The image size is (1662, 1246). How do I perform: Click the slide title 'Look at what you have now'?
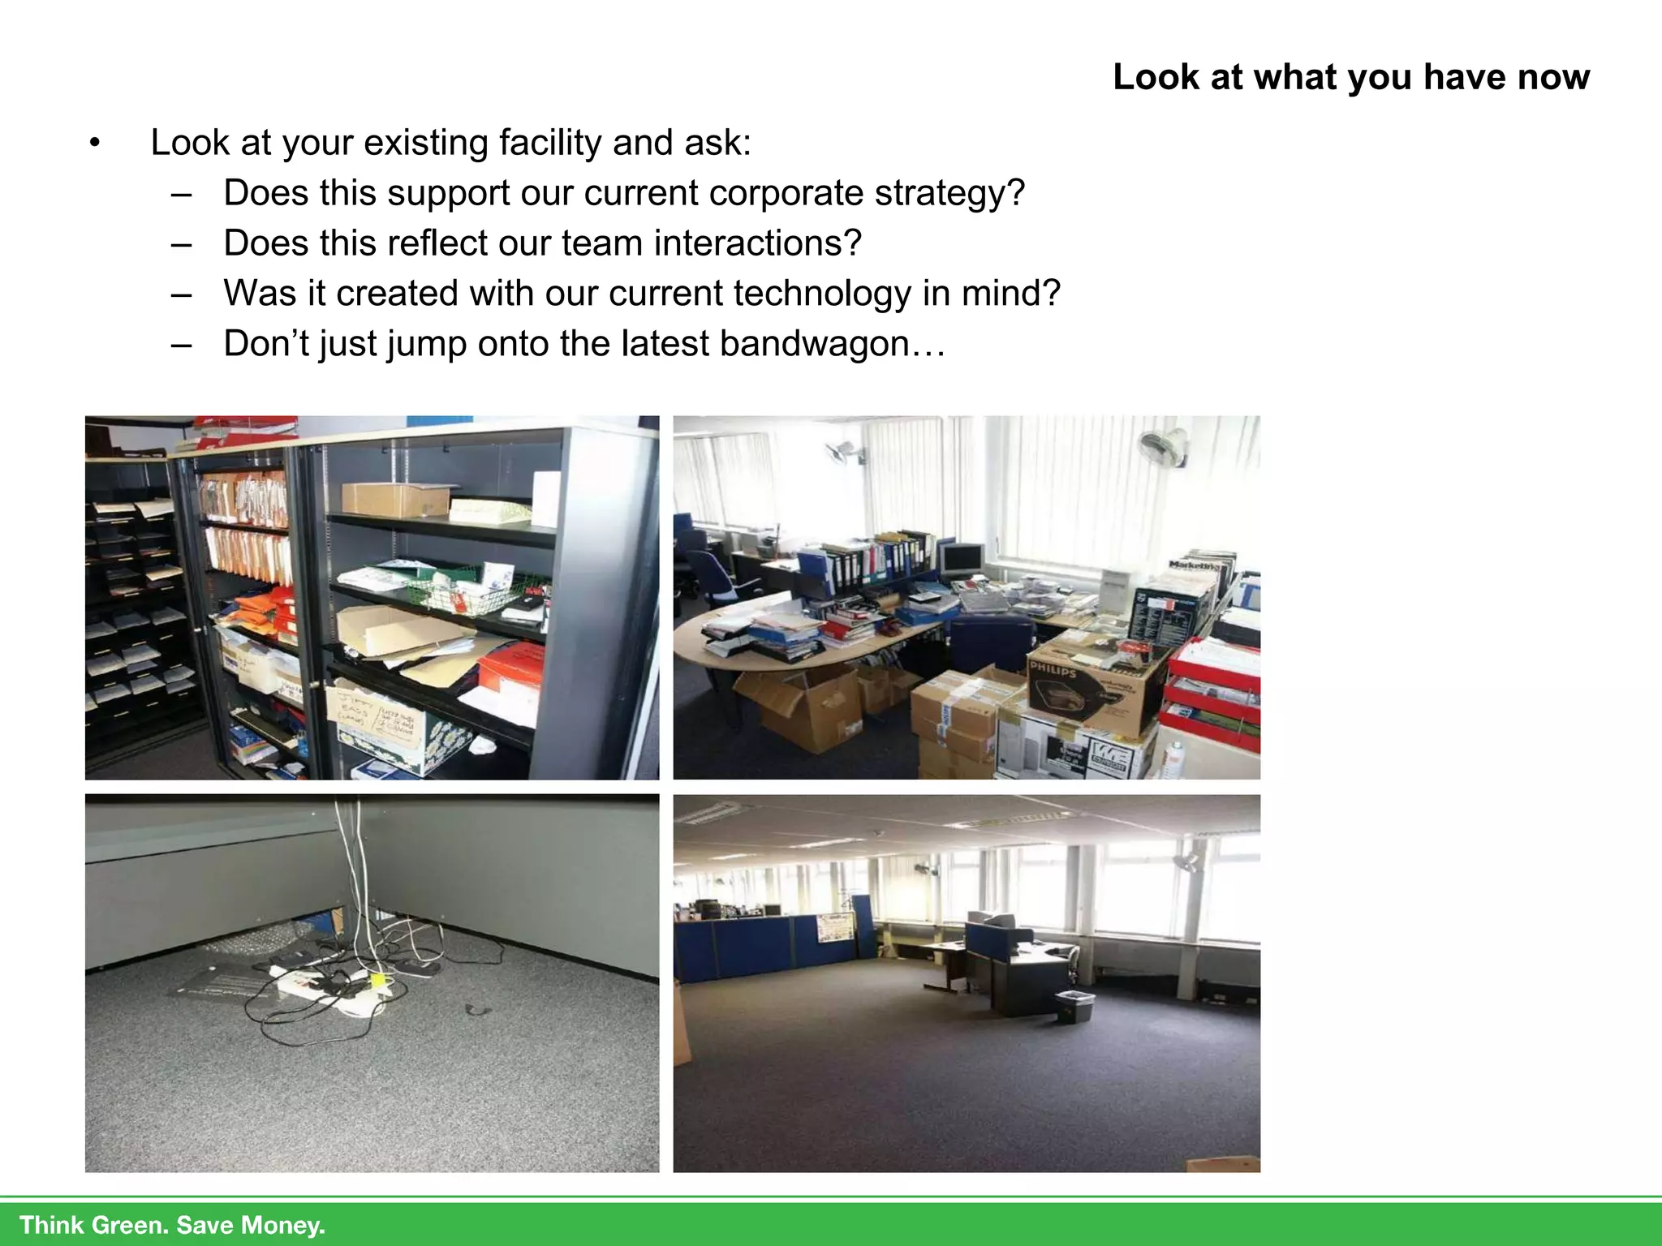(x=1350, y=78)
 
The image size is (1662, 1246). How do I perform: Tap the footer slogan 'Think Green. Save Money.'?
(x=172, y=1224)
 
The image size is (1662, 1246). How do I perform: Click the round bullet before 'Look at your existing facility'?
(x=95, y=144)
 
